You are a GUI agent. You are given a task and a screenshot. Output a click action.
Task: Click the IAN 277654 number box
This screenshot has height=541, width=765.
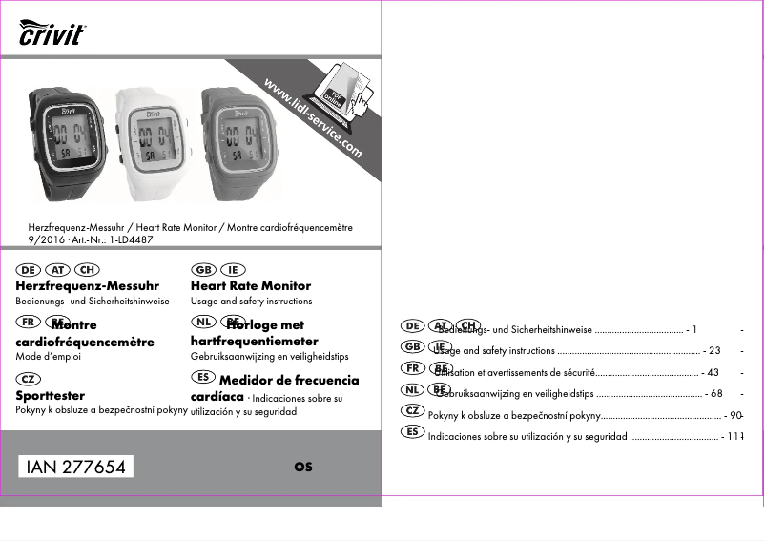point(76,467)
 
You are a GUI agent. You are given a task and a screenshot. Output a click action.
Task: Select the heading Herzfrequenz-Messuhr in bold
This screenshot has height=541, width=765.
point(88,285)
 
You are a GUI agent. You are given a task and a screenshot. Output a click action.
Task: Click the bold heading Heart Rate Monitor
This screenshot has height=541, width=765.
point(251,285)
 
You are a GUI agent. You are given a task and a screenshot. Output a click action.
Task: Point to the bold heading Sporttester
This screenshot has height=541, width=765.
point(51,395)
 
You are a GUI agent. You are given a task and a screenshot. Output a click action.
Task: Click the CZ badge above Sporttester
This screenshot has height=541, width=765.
point(28,379)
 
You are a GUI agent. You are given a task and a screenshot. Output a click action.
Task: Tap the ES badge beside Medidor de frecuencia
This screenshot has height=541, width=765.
point(202,379)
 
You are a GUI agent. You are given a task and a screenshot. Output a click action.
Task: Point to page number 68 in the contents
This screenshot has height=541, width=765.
point(715,393)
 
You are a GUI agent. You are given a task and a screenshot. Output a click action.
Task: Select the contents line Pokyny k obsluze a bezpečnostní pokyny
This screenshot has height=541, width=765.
point(513,416)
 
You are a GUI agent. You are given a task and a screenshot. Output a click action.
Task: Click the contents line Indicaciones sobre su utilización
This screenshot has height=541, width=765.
point(527,437)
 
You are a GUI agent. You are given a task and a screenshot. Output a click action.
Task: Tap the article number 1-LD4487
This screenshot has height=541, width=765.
point(132,239)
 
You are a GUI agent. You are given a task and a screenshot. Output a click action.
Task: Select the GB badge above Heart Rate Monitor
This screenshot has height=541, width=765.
point(202,269)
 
